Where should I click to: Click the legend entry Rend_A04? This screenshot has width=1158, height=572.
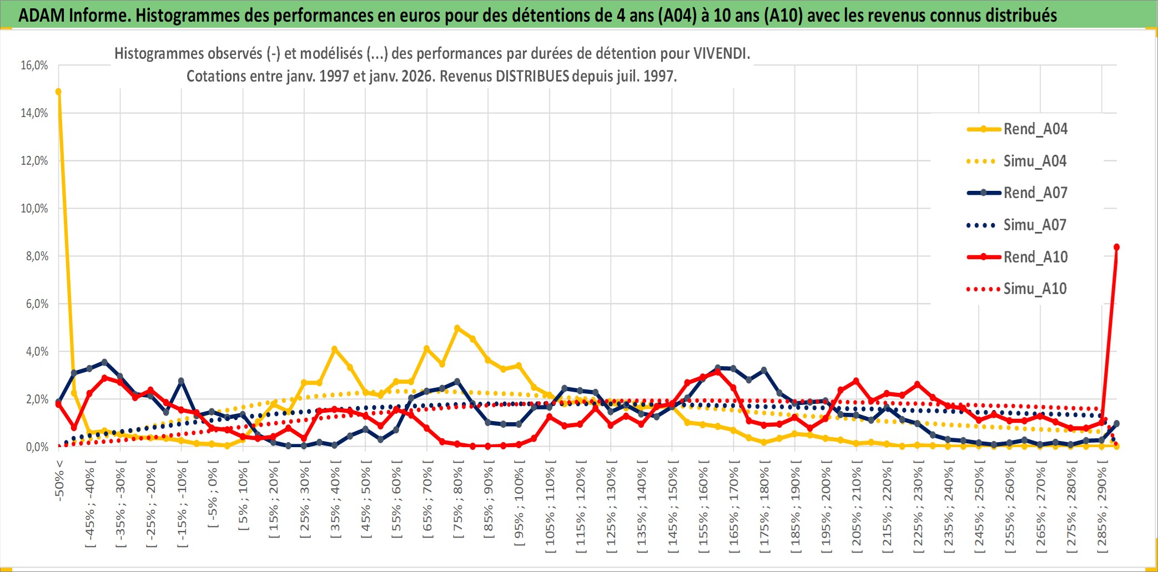(x=1035, y=129)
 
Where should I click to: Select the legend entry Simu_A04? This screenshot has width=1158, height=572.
(x=1035, y=161)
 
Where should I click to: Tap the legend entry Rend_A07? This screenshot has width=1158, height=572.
(x=1035, y=193)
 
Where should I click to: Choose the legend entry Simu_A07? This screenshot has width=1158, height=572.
(x=1035, y=225)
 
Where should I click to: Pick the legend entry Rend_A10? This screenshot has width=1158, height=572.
(x=1035, y=257)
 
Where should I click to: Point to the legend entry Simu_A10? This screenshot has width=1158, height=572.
(x=1035, y=289)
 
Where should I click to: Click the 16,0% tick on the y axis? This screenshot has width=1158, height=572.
(x=34, y=65)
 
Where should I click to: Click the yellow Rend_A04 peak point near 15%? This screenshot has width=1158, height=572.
(x=58, y=92)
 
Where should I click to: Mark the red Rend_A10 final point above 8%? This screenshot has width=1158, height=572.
(x=1116, y=247)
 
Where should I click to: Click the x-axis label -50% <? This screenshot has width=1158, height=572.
(x=59, y=480)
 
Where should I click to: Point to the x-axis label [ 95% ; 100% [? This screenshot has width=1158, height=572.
(x=519, y=507)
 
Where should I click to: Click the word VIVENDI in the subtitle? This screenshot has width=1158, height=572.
(x=721, y=54)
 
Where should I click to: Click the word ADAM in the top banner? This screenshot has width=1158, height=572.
(x=41, y=15)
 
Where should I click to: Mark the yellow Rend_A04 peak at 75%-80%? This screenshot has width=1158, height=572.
(x=457, y=328)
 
